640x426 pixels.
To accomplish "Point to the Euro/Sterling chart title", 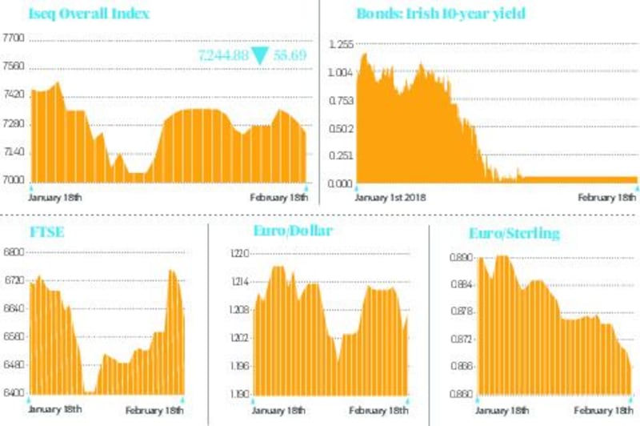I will [x=514, y=234].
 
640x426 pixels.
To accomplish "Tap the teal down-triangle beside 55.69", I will [x=260, y=55].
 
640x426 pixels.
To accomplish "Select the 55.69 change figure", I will [x=290, y=54].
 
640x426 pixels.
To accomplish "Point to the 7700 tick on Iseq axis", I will [x=14, y=37].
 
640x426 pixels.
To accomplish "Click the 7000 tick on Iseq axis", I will [x=14, y=181].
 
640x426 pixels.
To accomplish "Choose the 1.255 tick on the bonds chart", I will [x=340, y=45].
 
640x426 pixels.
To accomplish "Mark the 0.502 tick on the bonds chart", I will [x=340, y=128].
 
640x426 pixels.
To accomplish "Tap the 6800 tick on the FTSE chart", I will [x=14, y=252].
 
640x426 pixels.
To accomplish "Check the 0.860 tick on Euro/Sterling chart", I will [x=462, y=394].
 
